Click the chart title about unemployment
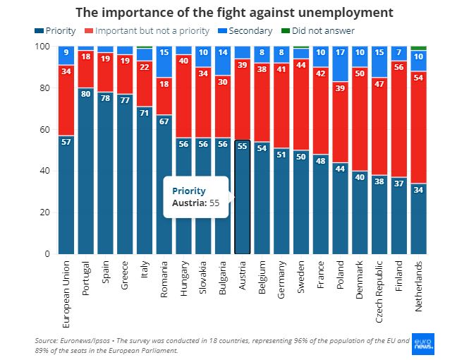(x=234, y=13)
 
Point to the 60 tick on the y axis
(x=45, y=129)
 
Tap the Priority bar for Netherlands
(x=419, y=218)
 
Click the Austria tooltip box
(x=197, y=197)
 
